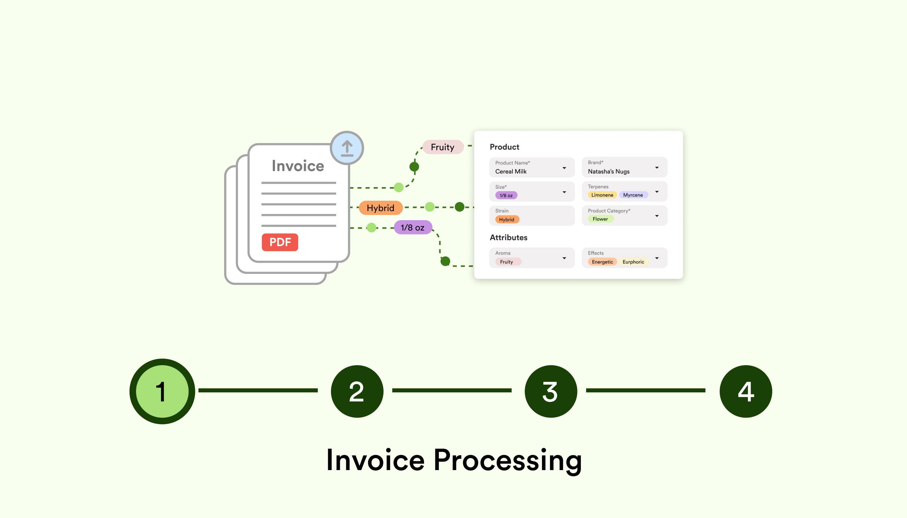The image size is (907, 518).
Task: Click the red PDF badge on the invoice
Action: click(x=280, y=242)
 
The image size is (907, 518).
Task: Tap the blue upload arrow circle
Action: click(x=347, y=148)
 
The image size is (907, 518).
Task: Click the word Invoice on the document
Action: click(x=298, y=166)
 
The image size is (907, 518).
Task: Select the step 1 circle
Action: click(x=162, y=391)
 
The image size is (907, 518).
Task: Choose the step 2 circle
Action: click(x=357, y=391)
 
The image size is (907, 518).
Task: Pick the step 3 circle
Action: click(x=550, y=391)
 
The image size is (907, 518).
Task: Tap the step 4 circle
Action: click(x=745, y=391)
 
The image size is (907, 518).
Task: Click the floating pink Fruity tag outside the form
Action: click(x=442, y=147)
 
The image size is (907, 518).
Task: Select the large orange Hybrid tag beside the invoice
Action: click(x=380, y=208)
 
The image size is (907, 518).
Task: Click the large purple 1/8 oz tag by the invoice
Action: click(x=413, y=227)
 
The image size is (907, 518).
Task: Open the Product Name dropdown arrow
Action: click(x=564, y=168)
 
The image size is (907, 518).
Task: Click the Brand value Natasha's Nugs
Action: click(x=608, y=172)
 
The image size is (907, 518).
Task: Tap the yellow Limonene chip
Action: click(x=602, y=195)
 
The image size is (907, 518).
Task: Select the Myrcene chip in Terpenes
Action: click(x=633, y=195)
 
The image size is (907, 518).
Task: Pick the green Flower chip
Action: click(x=600, y=219)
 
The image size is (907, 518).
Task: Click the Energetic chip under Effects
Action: click(x=602, y=262)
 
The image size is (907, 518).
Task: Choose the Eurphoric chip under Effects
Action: click(x=633, y=262)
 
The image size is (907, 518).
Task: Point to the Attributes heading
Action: click(x=508, y=238)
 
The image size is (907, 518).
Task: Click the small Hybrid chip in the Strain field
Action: click(x=507, y=220)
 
